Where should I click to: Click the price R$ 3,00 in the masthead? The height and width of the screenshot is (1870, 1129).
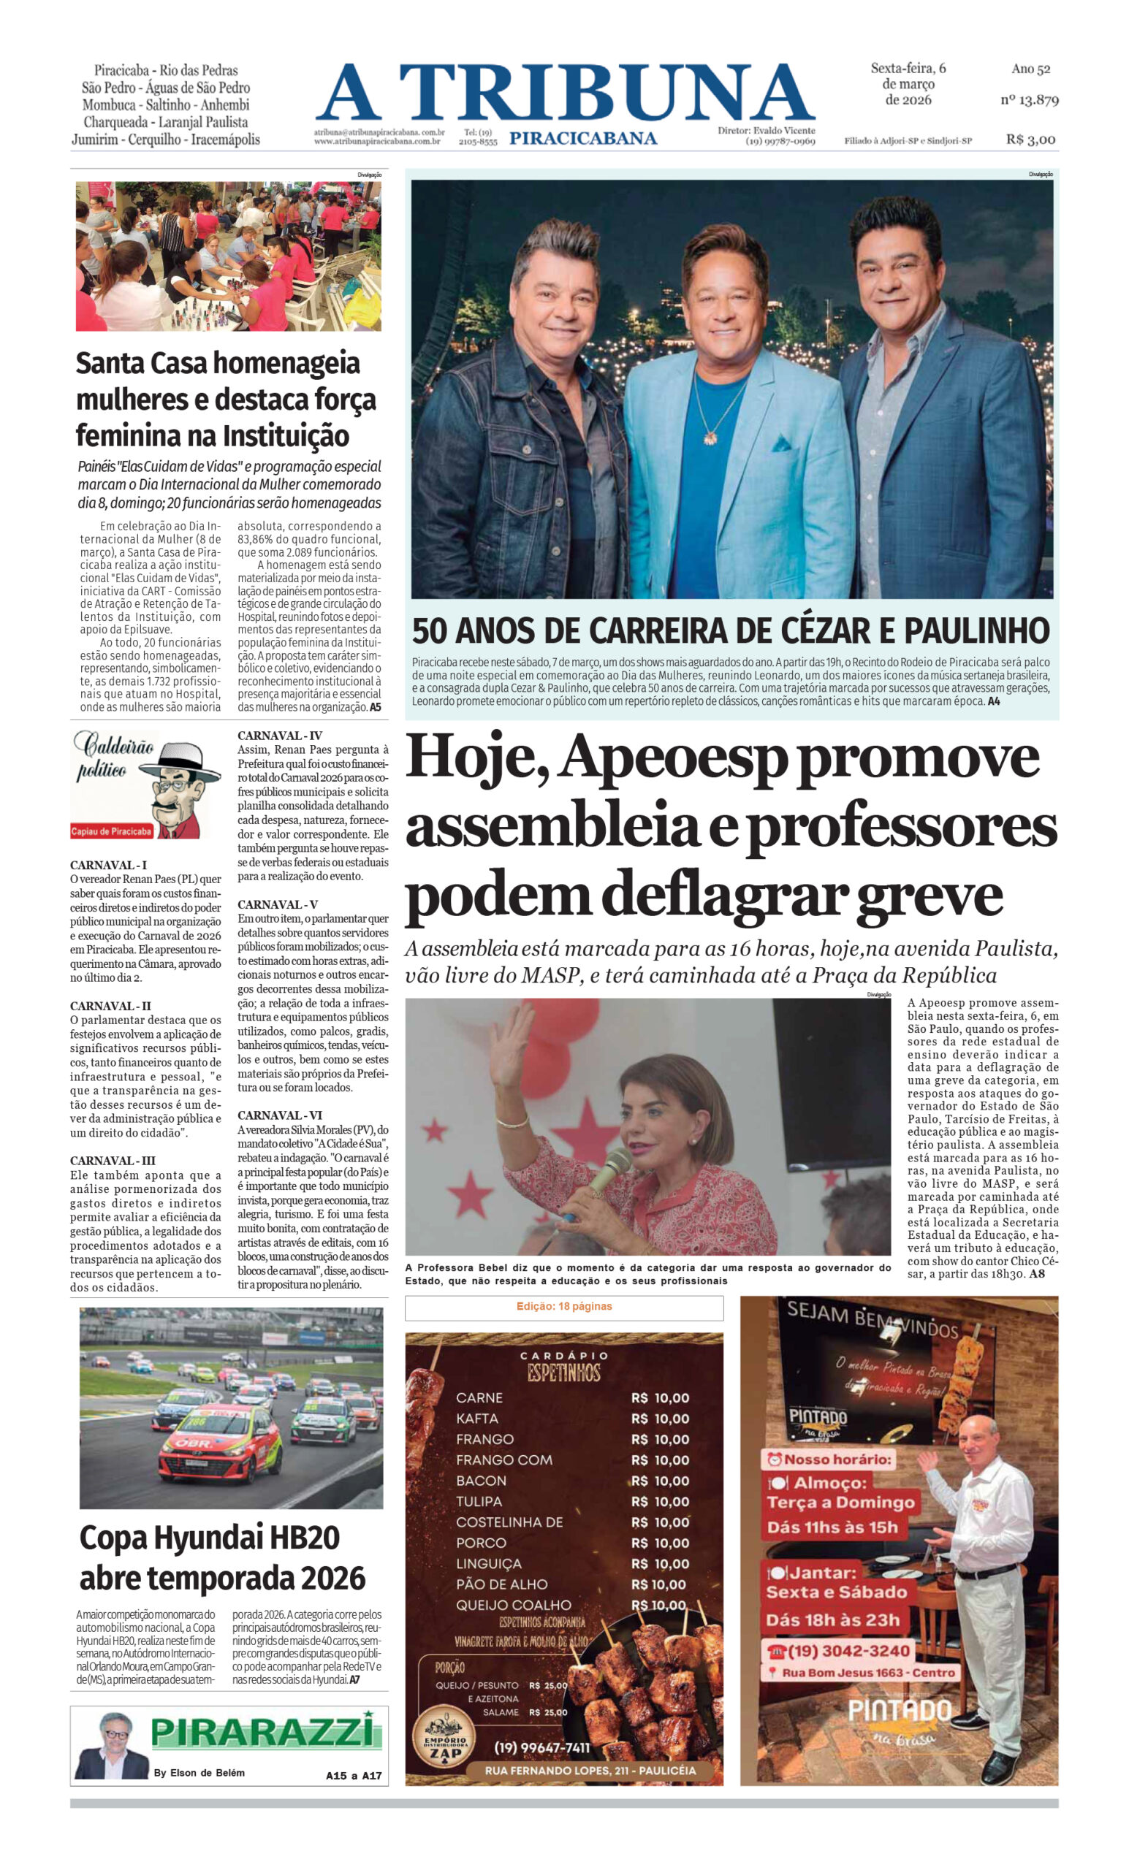coord(1030,139)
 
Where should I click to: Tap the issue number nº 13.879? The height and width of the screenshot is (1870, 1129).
coord(1029,99)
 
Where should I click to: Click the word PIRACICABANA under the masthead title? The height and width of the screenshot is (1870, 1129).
coord(583,138)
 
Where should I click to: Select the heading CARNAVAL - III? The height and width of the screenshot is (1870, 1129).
coord(113,1161)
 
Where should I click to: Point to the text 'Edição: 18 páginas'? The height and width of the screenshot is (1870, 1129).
coord(563,1306)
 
